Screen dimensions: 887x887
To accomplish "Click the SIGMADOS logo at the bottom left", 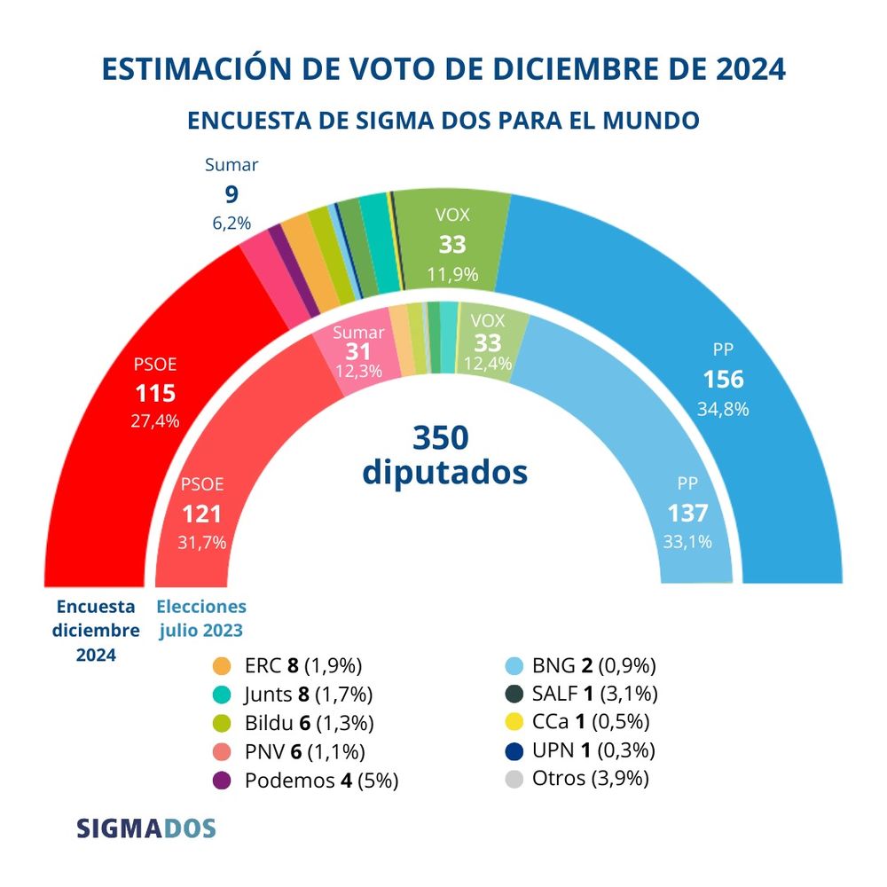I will [x=146, y=828].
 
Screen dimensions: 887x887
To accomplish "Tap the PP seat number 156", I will [x=723, y=380].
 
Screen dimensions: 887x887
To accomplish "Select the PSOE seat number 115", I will [x=155, y=393].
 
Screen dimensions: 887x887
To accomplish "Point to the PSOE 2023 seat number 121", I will [x=202, y=514].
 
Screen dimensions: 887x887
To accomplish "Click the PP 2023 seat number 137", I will [x=687, y=513].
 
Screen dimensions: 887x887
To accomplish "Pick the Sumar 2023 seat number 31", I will [x=358, y=351].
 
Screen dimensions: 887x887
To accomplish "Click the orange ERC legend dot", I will [x=222, y=665].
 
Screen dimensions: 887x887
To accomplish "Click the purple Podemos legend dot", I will [x=222, y=781].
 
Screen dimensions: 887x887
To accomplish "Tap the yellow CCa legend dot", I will [x=513, y=723].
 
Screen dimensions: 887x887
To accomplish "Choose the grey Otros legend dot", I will [x=513, y=780].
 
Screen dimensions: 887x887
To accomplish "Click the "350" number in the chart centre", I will [x=441, y=437].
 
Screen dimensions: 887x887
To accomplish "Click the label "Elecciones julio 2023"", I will [x=201, y=619].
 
